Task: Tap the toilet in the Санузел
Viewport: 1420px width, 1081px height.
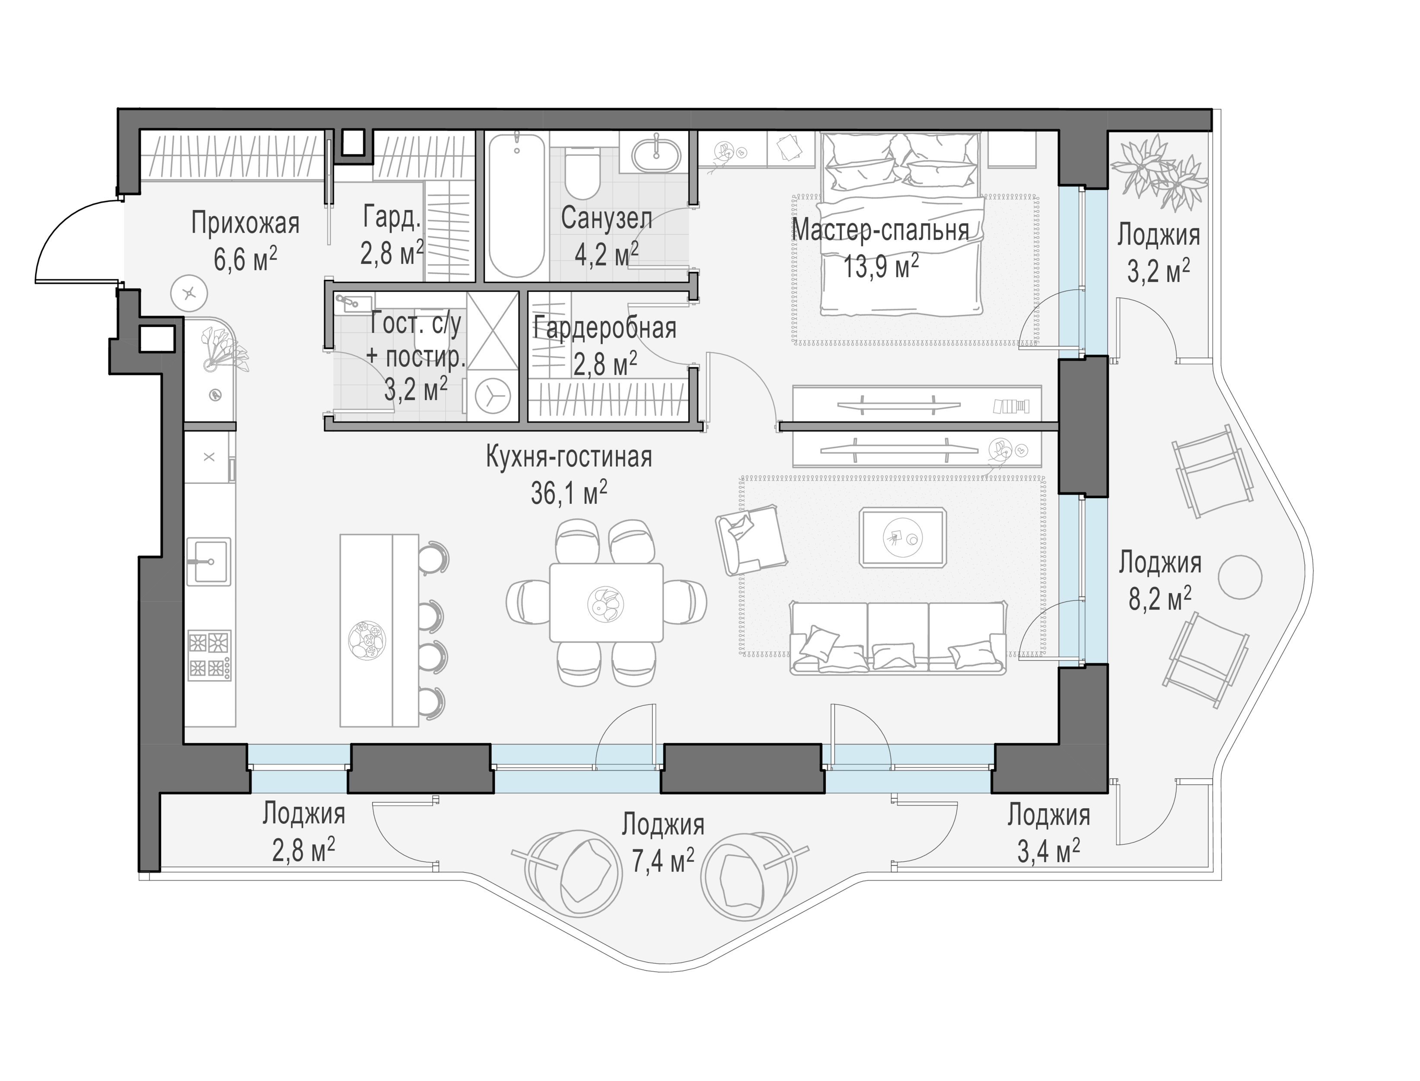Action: click(x=583, y=173)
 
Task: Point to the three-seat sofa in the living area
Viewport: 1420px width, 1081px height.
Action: click(x=898, y=638)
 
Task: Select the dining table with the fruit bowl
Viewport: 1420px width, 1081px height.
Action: click(x=606, y=602)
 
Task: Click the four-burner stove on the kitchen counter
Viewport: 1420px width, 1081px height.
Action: click(x=209, y=655)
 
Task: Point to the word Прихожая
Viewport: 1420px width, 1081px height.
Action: click(x=245, y=223)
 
